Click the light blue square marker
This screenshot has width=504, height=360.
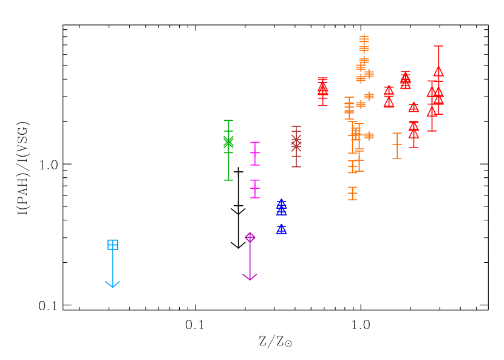112,245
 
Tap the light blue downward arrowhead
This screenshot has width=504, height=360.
112,285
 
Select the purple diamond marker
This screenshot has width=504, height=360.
250,237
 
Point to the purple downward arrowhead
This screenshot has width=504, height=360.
250,277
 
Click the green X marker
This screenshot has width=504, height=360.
228,142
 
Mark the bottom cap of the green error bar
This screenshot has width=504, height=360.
228,180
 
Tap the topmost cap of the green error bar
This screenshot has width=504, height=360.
228,120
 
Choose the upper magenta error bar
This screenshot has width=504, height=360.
255,154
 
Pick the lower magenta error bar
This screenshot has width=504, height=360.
255,189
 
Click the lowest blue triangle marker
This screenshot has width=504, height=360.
281,229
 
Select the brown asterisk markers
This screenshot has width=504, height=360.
296,143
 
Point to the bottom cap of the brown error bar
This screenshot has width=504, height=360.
296,167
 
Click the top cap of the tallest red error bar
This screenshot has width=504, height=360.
438,46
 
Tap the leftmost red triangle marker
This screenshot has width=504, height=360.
323,88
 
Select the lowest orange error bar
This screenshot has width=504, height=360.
353,194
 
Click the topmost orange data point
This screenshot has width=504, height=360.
364,39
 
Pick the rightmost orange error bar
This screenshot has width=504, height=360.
397,146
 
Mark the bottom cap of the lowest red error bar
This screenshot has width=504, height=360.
414,147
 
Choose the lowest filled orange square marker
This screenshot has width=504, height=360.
369,96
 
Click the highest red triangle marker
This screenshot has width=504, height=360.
438,71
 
